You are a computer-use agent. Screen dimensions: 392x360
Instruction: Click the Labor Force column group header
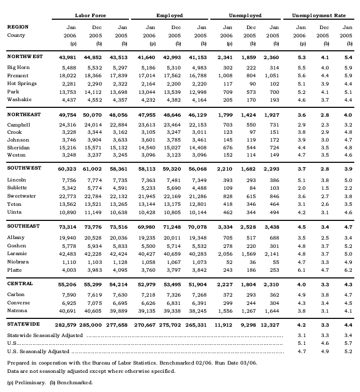click(91, 16)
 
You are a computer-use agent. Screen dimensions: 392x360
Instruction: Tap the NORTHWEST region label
click(25, 57)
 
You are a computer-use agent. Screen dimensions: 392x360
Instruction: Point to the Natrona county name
click(18, 311)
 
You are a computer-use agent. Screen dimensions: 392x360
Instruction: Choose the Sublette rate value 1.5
click(324, 188)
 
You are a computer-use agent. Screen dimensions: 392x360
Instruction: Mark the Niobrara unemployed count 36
click(252, 262)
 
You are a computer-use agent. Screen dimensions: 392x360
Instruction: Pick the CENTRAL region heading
click(20, 284)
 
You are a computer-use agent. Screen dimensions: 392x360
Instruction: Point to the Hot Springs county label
click(22, 84)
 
